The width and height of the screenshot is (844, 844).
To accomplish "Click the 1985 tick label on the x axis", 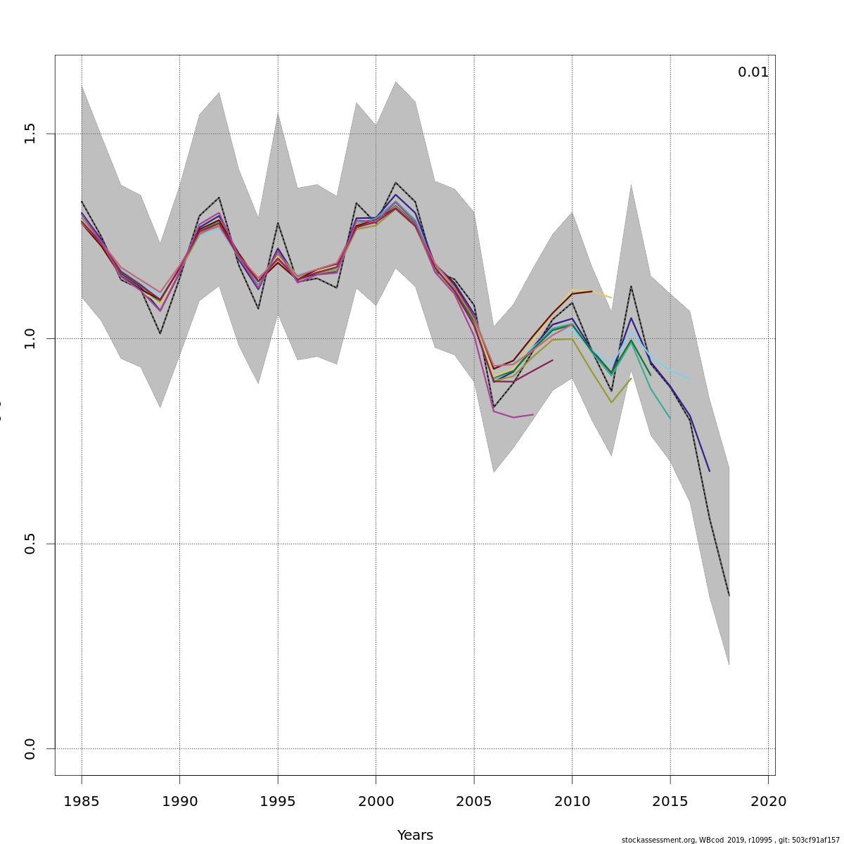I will click(82, 801).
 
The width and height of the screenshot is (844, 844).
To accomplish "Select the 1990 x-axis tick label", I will click(179, 801).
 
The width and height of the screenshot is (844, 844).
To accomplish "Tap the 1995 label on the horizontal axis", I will click(278, 801).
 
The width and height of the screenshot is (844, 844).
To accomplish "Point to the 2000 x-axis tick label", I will click(376, 801).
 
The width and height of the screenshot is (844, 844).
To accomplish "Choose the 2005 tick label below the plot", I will click(474, 801).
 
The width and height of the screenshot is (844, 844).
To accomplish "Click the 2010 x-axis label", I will click(572, 801).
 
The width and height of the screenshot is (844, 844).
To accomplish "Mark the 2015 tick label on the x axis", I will click(670, 801).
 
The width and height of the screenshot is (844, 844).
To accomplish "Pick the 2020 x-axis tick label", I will click(768, 801).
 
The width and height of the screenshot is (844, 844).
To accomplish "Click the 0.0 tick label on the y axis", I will click(30, 749).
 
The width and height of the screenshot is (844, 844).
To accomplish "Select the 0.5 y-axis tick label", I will click(30, 544).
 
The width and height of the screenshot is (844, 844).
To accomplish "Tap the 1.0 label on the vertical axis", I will click(30, 338).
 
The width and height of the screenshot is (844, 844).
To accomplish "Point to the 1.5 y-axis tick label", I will click(30, 134).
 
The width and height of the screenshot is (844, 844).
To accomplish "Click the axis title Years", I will click(415, 835).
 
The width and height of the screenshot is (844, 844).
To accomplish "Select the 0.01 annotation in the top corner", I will click(753, 72).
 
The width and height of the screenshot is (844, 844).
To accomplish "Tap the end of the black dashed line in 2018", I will click(729, 596).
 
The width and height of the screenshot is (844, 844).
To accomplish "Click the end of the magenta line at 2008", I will click(533, 415).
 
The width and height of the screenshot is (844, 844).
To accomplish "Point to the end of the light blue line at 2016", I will click(689, 379).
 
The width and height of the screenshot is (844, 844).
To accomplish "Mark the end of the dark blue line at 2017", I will click(709, 471).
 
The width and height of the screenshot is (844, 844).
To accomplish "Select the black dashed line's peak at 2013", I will click(631, 286).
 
